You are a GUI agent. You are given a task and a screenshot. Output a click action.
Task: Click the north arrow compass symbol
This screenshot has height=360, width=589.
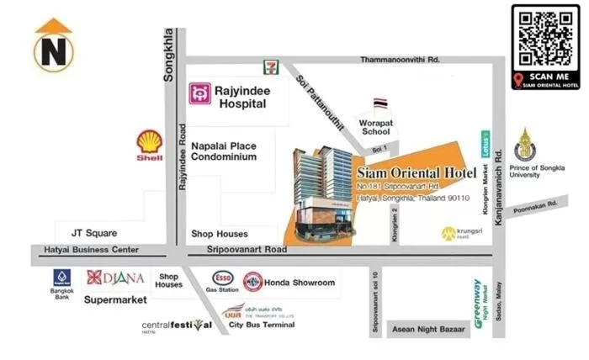pos(53,45)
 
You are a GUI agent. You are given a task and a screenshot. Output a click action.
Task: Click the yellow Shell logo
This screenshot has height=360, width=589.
pos(151,146)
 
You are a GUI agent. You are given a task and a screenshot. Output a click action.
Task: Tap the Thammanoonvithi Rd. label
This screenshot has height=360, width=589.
pos(401,60)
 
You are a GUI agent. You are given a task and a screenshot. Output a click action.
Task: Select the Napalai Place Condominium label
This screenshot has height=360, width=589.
pos(222,151)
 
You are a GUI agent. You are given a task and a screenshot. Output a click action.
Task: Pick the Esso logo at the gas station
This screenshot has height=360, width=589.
pos(223,278)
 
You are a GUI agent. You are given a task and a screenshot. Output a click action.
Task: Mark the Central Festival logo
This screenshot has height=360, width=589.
pos(177,326)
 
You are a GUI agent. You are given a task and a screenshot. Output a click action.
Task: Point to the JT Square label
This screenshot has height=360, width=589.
pos(94,233)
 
